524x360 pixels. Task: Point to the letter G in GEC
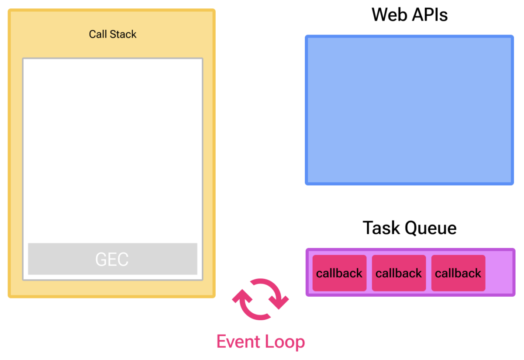click(101, 259)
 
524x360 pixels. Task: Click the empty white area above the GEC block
click(112, 149)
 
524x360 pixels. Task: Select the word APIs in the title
click(430, 15)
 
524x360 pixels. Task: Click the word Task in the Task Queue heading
click(380, 228)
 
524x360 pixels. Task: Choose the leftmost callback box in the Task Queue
click(339, 273)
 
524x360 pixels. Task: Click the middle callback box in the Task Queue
click(399, 273)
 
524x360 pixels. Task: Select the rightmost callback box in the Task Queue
click(458, 273)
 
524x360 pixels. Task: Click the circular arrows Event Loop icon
click(260, 299)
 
